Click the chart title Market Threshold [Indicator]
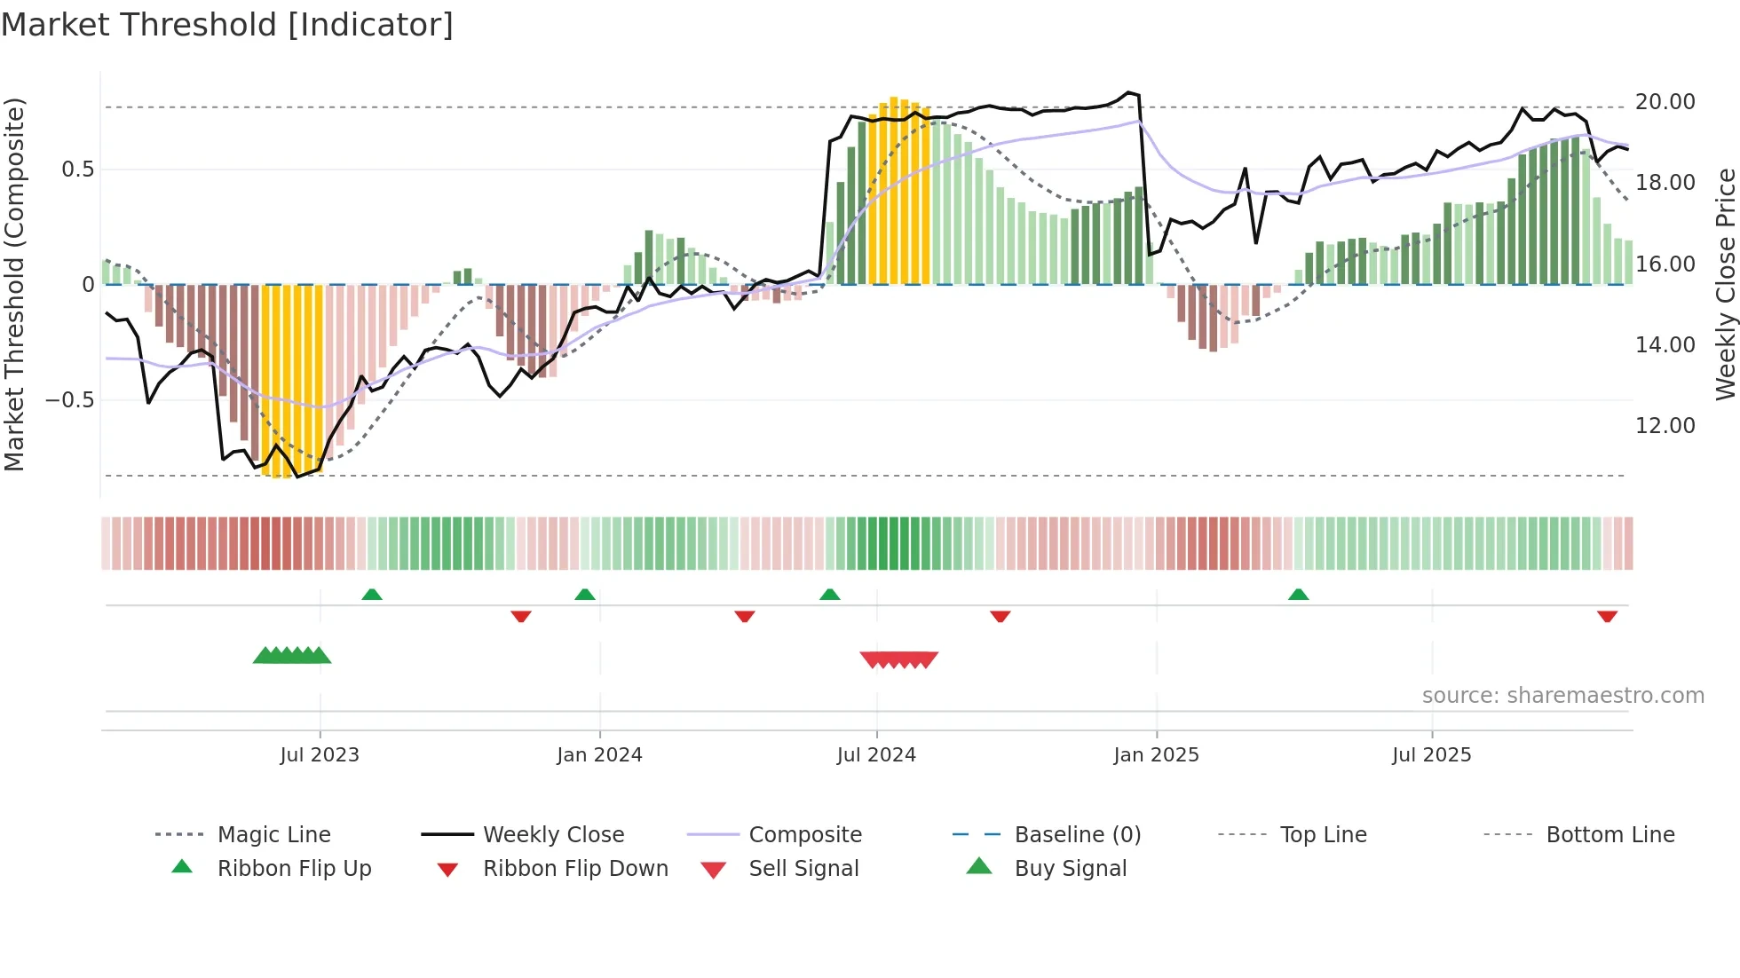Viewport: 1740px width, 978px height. click(227, 25)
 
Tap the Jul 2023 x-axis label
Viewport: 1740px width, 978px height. click(320, 755)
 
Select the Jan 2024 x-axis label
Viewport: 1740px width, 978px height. click(599, 755)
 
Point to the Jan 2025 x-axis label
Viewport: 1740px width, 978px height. click(1156, 755)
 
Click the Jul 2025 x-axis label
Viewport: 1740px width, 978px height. click(1431, 755)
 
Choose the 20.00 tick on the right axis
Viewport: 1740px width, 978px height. click(1665, 102)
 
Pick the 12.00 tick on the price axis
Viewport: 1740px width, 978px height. click(1665, 426)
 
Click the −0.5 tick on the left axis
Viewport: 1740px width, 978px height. click(69, 400)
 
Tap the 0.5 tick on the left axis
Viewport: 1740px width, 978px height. click(77, 170)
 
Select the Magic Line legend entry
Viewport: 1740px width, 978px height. click(273, 835)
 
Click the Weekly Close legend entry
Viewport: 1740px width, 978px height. click(553, 835)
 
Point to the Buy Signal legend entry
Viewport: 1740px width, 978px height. click(1070, 869)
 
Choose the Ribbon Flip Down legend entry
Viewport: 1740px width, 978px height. click(574, 869)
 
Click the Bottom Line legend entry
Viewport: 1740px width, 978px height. click(1609, 835)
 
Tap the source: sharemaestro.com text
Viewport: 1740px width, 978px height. click(1562, 696)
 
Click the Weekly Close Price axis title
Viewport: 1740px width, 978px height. click(1724, 284)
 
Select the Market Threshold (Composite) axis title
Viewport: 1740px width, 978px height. click(14, 284)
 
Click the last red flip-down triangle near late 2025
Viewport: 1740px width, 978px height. click(1607, 616)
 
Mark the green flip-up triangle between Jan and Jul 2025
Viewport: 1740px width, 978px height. click(1298, 595)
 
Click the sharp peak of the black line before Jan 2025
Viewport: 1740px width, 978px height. click(1128, 92)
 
